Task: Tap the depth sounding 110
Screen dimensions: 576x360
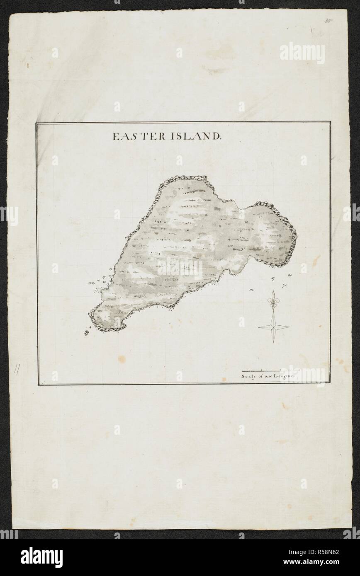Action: [x=252, y=290]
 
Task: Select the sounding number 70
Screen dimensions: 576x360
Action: [x=285, y=286]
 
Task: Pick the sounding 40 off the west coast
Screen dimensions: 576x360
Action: [x=98, y=280]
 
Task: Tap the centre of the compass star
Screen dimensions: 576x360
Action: [x=273, y=327]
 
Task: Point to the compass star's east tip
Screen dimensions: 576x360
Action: [x=289, y=327]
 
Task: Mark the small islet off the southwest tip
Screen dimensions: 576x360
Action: [x=87, y=332]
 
